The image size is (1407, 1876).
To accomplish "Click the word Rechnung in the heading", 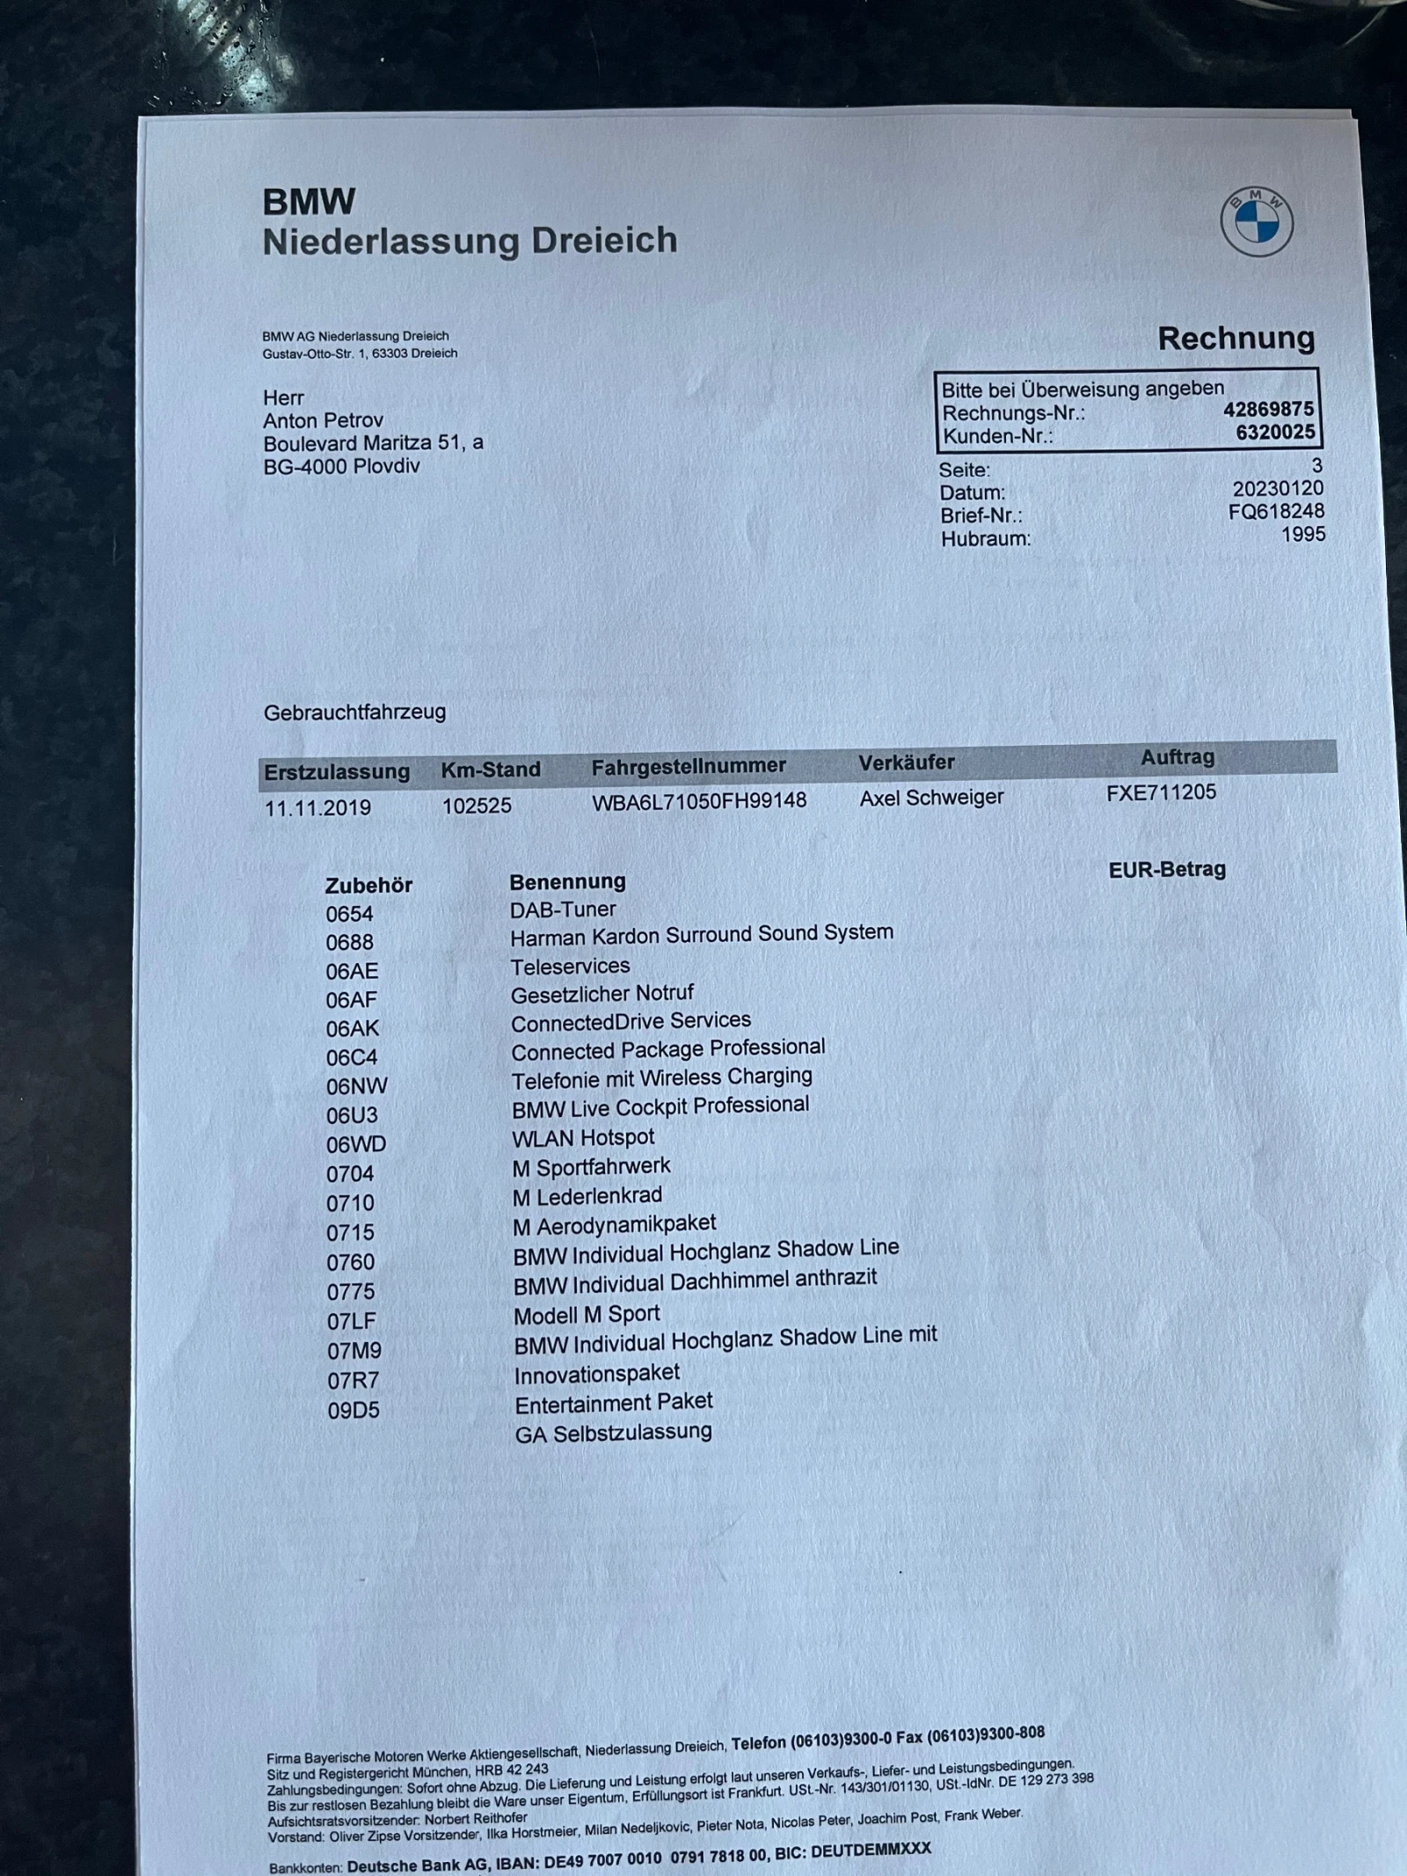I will pyautogui.click(x=1236, y=339).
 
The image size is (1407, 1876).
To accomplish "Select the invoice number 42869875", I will pyautogui.click(x=1268, y=409).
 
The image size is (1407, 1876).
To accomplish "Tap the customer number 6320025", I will pyautogui.click(x=1275, y=432).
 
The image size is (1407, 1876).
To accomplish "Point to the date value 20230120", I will pyautogui.click(x=1277, y=489).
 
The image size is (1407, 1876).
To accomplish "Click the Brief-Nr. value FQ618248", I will pyautogui.click(x=1276, y=512).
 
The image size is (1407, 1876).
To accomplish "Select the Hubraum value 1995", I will pyautogui.click(x=1302, y=535).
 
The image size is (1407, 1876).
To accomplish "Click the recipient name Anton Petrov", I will pyautogui.click(x=323, y=420).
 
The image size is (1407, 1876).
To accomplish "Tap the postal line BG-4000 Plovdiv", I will pyautogui.click(x=341, y=466).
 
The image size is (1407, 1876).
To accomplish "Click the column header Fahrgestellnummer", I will pyautogui.click(x=689, y=766).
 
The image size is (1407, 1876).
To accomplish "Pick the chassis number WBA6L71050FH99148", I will pyautogui.click(x=699, y=801).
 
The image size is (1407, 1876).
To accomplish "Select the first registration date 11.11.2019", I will pyautogui.click(x=317, y=808).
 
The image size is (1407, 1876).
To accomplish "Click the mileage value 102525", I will pyautogui.click(x=477, y=806).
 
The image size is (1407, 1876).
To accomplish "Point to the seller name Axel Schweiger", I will pyautogui.click(x=931, y=798).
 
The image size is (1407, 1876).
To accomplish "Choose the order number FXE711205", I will pyautogui.click(x=1161, y=792).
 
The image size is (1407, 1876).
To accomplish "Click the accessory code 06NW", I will pyautogui.click(x=356, y=1086).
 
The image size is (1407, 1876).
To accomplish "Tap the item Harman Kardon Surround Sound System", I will pyautogui.click(x=701, y=935).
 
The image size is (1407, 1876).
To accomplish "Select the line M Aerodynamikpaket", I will pyautogui.click(x=614, y=1224).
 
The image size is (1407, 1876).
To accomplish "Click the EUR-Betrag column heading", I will pyautogui.click(x=1167, y=870).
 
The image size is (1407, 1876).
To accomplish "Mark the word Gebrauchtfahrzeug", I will pyautogui.click(x=354, y=712).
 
